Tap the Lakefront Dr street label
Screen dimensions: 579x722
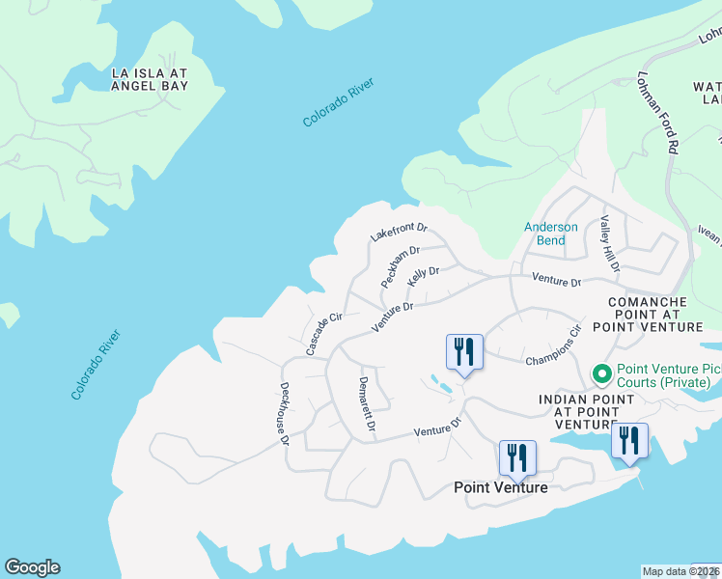tap(399, 234)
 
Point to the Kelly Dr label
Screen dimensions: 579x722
tap(424, 276)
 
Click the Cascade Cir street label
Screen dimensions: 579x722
tap(324, 334)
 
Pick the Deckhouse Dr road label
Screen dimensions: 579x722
tap(286, 413)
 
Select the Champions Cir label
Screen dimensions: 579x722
tap(554, 346)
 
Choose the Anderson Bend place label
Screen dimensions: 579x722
tap(551, 234)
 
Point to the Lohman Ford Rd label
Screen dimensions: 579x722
tap(661, 113)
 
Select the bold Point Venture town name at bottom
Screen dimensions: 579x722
tap(501, 487)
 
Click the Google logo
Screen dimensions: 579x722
tap(32, 567)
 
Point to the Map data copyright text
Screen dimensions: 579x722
tap(680, 571)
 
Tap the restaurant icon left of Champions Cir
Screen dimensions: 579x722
tap(464, 352)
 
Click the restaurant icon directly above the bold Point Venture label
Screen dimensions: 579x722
tap(517, 457)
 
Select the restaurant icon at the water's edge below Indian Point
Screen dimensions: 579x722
tap(629, 441)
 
